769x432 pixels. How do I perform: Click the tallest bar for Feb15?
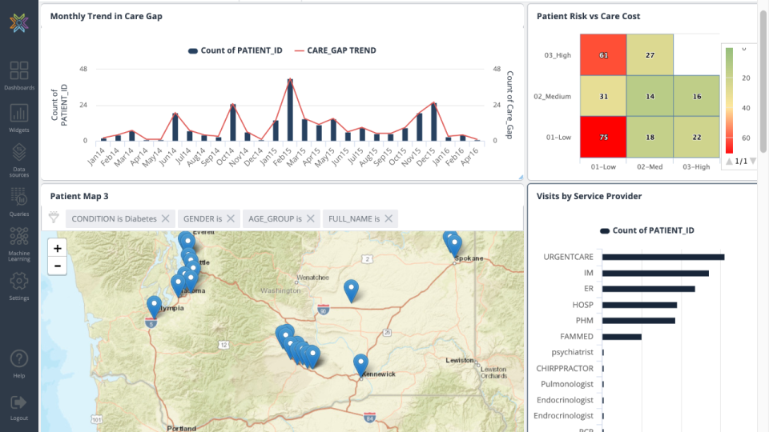pyautogui.click(x=290, y=110)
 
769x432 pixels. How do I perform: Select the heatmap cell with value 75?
pyautogui.click(x=603, y=137)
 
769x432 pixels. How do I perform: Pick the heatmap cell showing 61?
pyautogui.click(x=603, y=55)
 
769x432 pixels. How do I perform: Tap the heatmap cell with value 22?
pyautogui.click(x=696, y=137)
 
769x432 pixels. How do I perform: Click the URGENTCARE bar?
pyautogui.click(x=663, y=257)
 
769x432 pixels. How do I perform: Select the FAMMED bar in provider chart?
pyautogui.click(x=622, y=337)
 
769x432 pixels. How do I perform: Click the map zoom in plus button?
pyautogui.click(x=57, y=248)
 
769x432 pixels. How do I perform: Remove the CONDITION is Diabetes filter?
pyautogui.click(x=165, y=218)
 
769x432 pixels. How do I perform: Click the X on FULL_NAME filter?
pyautogui.click(x=389, y=218)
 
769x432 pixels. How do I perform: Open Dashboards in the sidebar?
pyautogui.click(x=19, y=75)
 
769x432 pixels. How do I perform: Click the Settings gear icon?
pyautogui.click(x=19, y=282)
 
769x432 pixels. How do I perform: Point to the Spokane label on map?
pyautogui.click(x=469, y=259)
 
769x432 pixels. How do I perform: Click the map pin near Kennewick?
pyautogui.click(x=361, y=363)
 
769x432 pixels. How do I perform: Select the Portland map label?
pyautogui.click(x=181, y=428)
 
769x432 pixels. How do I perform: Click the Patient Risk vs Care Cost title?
pyautogui.click(x=588, y=16)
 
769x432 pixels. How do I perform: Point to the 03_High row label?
pyautogui.click(x=558, y=55)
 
